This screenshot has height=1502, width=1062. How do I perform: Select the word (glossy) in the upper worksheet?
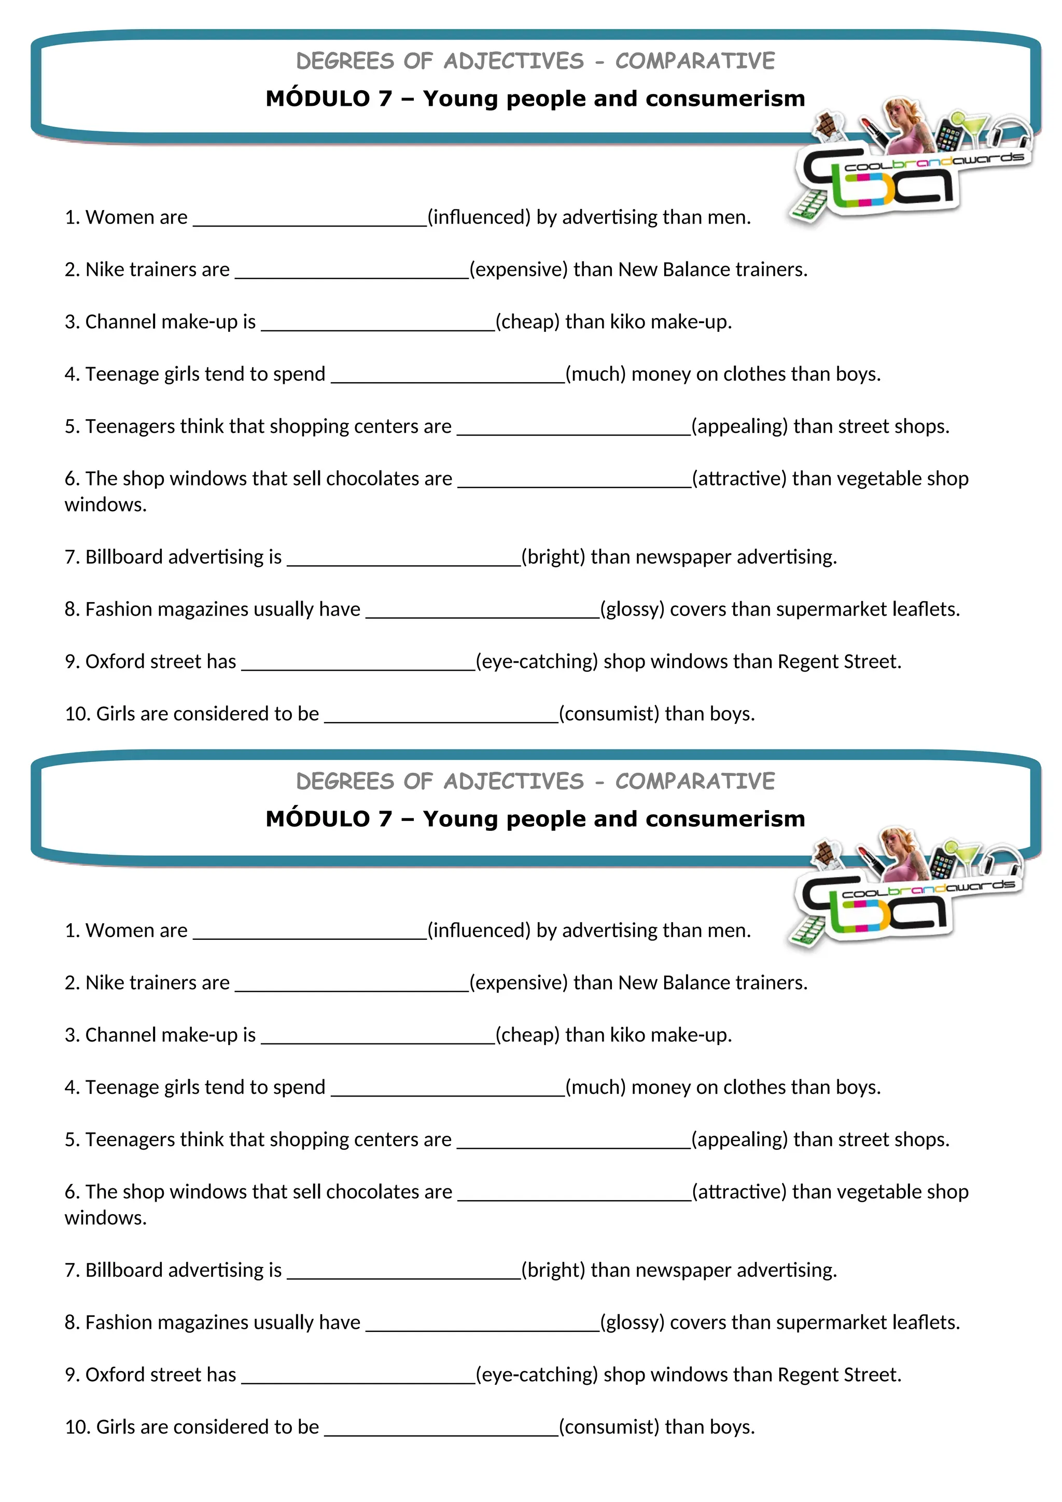coord(632,609)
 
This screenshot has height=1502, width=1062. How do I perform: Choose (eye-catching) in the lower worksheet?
coord(536,1374)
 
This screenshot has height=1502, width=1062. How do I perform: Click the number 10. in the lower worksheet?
coord(77,1427)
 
